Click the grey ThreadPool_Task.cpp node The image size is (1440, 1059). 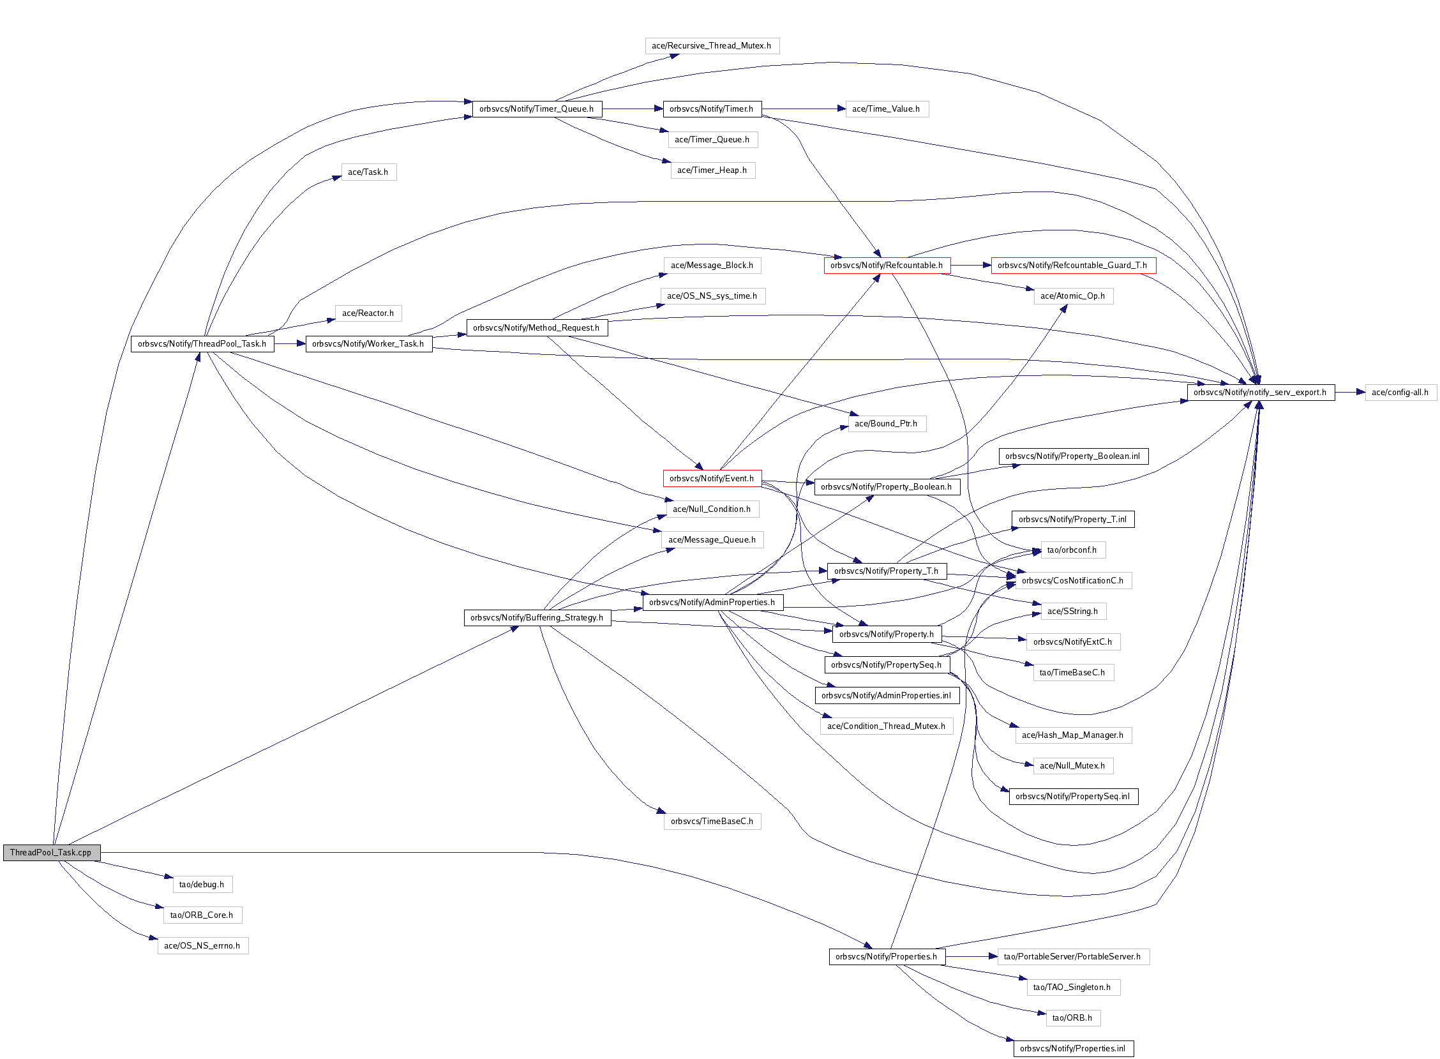(x=51, y=852)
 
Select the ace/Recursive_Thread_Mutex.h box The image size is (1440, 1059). (x=711, y=45)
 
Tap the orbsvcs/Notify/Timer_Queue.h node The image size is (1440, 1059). (x=536, y=109)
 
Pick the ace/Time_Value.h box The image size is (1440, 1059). (x=887, y=109)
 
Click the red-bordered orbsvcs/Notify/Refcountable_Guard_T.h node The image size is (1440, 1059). (x=1073, y=266)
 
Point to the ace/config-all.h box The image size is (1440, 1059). (x=1400, y=393)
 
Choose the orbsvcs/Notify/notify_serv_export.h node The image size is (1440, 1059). (x=1260, y=393)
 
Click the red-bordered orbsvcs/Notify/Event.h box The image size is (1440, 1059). (x=711, y=478)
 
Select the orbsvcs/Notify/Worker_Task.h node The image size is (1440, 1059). (x=368, y=343)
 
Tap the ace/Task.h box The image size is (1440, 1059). (x=368, y=172)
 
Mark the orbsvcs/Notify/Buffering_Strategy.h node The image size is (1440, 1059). (x=536, y=617)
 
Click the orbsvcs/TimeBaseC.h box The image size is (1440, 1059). (x=711, y=821)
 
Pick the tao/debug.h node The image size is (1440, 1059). (x=202, y=884)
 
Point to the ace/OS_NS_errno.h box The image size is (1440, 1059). (x=202, y=945)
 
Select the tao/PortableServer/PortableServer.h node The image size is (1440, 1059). (x=1073, y=956)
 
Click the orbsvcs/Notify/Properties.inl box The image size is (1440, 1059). (x=1073, y=1048)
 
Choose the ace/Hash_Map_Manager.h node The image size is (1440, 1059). (x=1073, y=735)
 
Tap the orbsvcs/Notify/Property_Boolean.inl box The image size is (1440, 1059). (x=1073, y=456)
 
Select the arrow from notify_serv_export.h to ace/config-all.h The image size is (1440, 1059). (x=1349, y=393)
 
